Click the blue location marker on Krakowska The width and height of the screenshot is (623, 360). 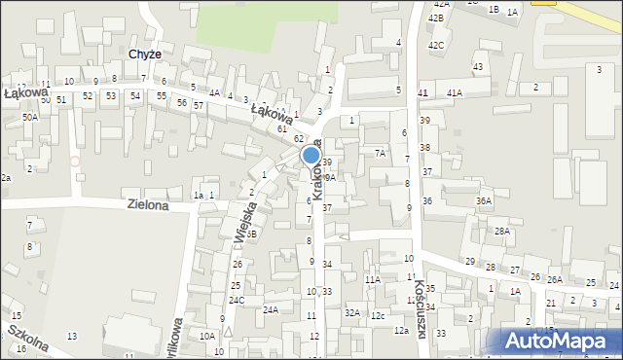pos(311,155)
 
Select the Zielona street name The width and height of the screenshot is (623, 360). pos(148,205)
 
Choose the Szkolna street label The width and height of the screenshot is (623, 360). pos(28,342)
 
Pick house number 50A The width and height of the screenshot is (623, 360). pos(30,117)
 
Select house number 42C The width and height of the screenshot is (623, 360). pos(436,45)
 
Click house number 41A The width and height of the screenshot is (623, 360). pos(455,92)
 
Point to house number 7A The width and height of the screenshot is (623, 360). pos(380,154)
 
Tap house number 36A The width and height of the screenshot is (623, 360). pos(484,200)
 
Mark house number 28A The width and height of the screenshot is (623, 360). pos(501,231)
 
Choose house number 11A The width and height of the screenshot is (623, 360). pos(372,279)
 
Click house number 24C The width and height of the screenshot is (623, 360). pos(237,300)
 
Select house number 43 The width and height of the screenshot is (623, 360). pos(477,66)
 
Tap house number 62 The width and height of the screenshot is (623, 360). pos(300,139)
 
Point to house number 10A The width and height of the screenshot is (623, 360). pos(207,336)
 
